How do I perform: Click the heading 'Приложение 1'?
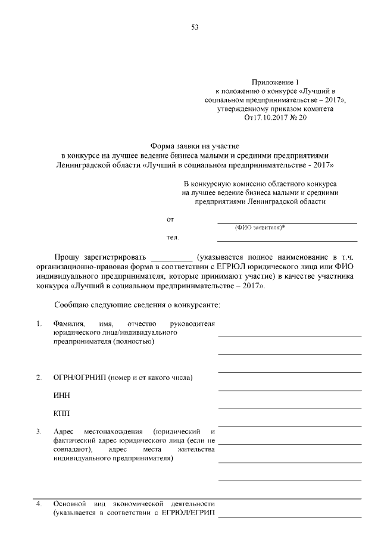[273, 81]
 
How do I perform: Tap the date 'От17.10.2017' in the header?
[264, 118]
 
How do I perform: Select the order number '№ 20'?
[298, 118]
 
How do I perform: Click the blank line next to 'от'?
[287, 222]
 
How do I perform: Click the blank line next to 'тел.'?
[287, 240]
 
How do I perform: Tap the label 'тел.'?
[173, 238]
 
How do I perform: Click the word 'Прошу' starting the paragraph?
[67, 257]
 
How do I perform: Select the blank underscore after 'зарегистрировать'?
[172, 258]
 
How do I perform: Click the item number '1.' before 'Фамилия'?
[39, 323]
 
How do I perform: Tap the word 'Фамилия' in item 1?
[67, 323]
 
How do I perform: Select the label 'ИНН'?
[61, 395]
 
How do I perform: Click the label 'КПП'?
[61, 413]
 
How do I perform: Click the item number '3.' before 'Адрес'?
[39, 431]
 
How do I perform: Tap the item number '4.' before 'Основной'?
[39, 504]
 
